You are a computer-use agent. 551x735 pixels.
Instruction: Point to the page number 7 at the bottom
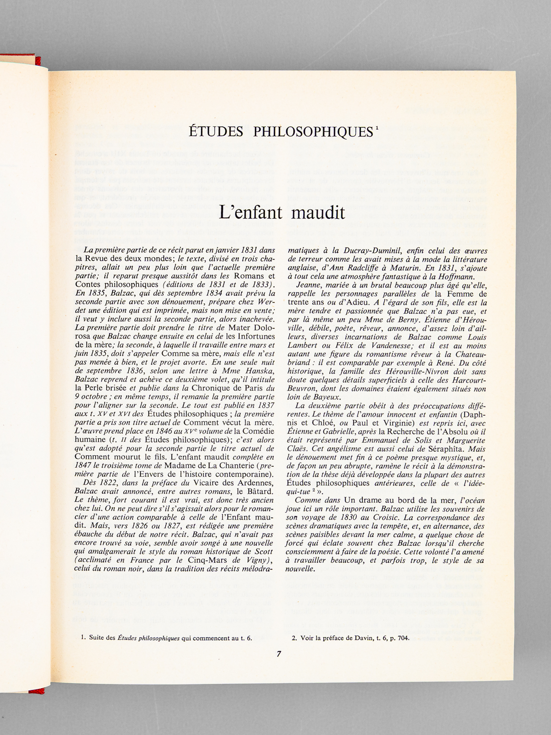[279, 655]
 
